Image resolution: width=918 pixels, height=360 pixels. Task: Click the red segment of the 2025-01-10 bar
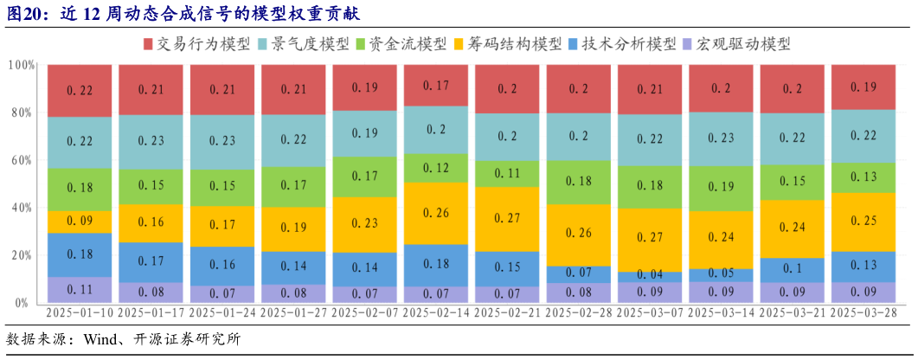pyautogui.click(x=80, y=90)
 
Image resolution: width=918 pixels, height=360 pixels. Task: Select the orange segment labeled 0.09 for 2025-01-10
pyautogui.click(x=80, y=222)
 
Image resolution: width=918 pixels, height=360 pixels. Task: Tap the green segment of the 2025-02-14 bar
pyautogui.click(x=436, y=168)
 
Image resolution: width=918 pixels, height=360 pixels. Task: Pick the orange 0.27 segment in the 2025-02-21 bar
pyautogui.click(x=507, y=219)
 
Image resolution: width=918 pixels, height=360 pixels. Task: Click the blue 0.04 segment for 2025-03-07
pyautogui.click(x=650, y=275)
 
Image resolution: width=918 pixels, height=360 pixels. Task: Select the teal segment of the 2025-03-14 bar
pyautogui.click(x=721, y=138)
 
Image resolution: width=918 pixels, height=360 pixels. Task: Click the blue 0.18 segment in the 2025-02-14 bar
pyautogui.click(x=436, y=263)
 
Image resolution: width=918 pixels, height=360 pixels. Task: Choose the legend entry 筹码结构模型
pyautogui.click(x=514, y=43)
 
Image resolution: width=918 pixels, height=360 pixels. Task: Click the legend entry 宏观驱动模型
pyautogui.click(x=736, y=43)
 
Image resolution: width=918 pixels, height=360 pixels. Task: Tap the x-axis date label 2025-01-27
pyautogui.click(x=293, y=312)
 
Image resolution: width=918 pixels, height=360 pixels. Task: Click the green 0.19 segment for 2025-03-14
pyautogui.click(x=721, y=186)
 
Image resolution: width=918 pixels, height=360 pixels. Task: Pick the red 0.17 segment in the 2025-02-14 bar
pyautogui.click(x=436, y=86)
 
